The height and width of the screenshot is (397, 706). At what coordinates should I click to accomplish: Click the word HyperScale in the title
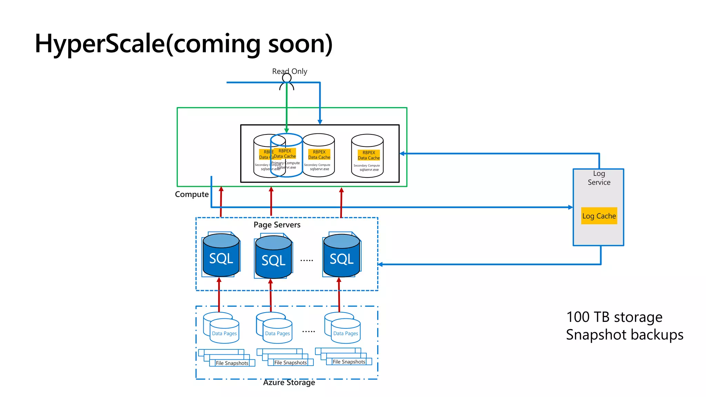tap(100, 44)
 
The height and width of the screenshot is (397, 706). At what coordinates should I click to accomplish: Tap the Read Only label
tap(290, 71)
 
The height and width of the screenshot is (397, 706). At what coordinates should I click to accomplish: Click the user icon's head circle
tap(286, 78)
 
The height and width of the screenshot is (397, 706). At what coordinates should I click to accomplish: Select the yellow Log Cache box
tap(599, 216)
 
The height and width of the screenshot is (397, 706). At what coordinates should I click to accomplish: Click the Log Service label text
tap(599, 178)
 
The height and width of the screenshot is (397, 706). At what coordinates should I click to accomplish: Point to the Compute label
tap(192, 194)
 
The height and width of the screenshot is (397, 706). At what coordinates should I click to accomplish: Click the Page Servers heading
tap(277, 225)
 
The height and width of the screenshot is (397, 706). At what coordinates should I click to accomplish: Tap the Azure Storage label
tap(289, 383)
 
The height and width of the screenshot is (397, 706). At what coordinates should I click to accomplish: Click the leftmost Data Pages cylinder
tap(224, 332)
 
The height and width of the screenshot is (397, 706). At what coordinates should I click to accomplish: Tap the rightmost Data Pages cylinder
tap(345, 332)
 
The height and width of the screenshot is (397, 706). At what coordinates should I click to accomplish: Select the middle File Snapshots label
tap(290, 363)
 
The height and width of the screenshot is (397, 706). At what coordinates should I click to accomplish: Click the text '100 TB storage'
tap(614, 317)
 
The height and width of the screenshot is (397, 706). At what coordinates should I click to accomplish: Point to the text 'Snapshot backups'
tap(624, 335)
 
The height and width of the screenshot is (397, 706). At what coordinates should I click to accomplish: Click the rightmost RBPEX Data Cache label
tap(369, 155)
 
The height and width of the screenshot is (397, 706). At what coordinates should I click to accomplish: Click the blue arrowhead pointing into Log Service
tap(571, 207)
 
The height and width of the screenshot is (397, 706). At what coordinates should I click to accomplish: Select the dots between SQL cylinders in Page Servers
tap(306, 261)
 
